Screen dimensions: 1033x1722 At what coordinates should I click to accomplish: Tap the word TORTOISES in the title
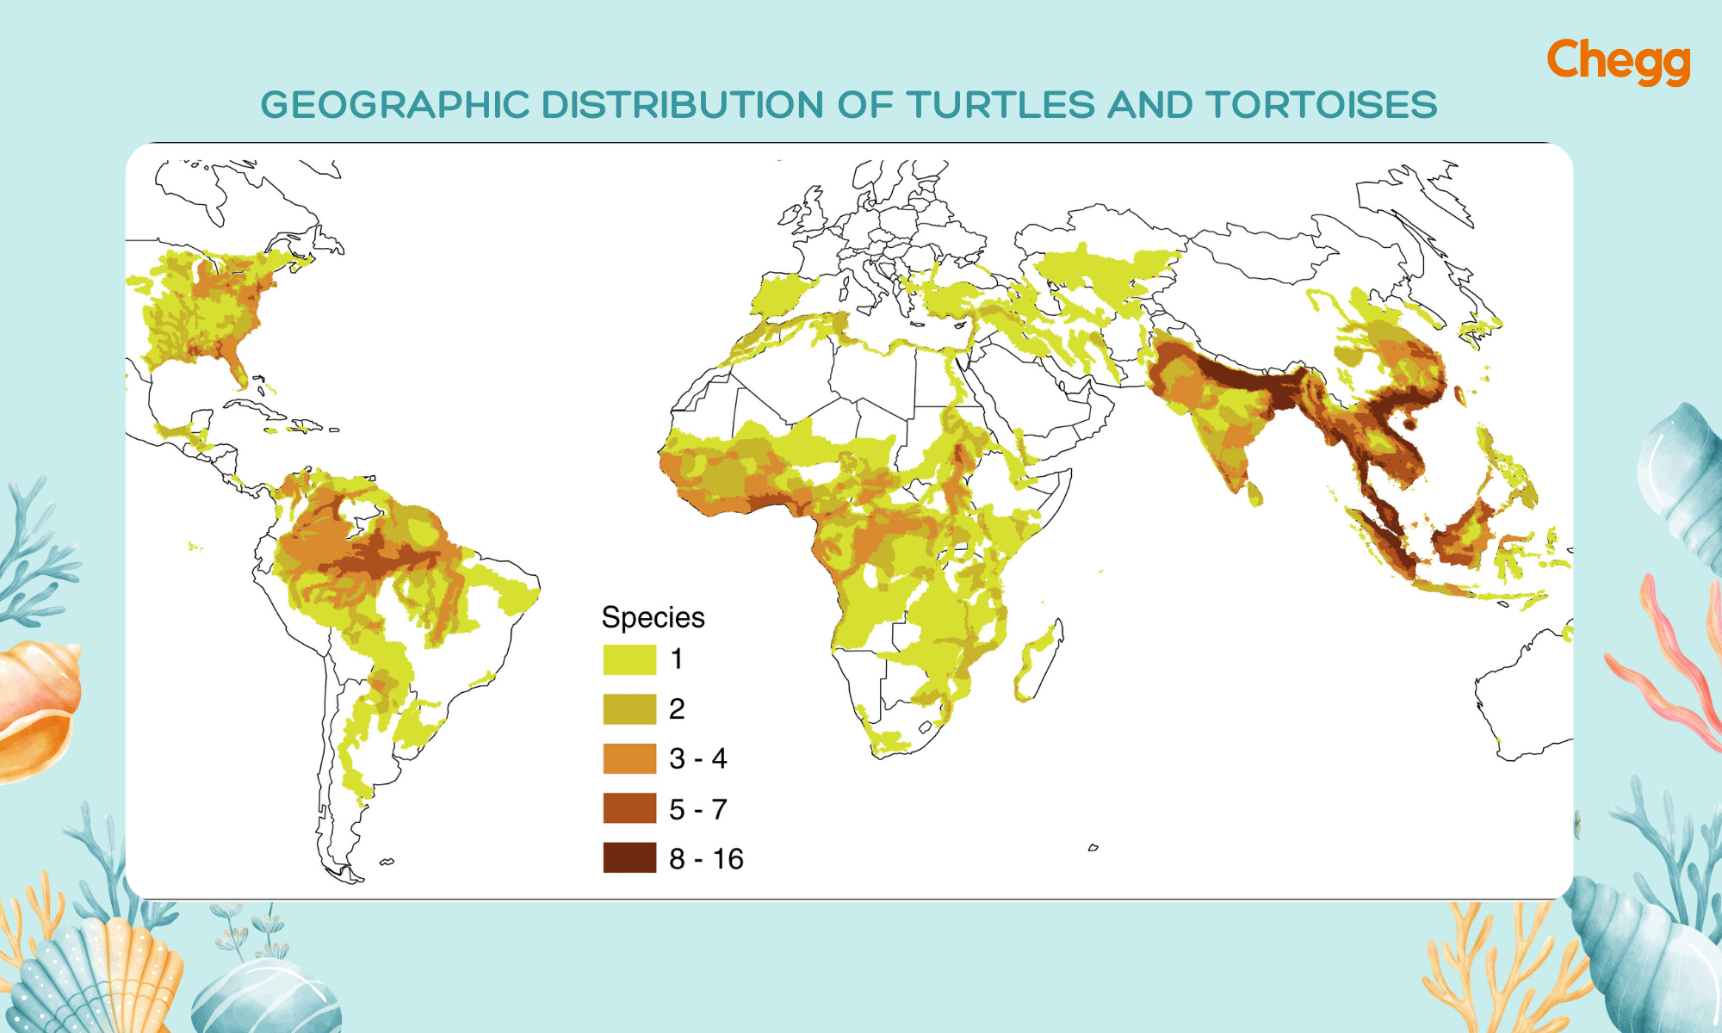(1321, 105)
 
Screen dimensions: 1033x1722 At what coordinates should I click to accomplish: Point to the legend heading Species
(653, 617)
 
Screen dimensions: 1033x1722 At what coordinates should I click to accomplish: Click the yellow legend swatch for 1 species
(629, 659)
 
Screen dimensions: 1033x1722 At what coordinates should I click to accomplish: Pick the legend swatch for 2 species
(629, 709)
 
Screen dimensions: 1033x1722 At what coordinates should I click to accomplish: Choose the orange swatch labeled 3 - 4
(629, 759)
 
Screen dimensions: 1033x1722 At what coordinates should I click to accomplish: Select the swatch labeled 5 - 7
(629, 809)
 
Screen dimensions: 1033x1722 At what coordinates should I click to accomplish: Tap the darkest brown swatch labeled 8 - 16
(629, 858)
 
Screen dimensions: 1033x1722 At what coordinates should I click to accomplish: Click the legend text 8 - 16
(706, 859)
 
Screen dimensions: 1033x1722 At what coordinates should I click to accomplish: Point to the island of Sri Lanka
(1255, 495)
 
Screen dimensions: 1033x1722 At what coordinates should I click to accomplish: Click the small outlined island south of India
(1093, 848)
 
